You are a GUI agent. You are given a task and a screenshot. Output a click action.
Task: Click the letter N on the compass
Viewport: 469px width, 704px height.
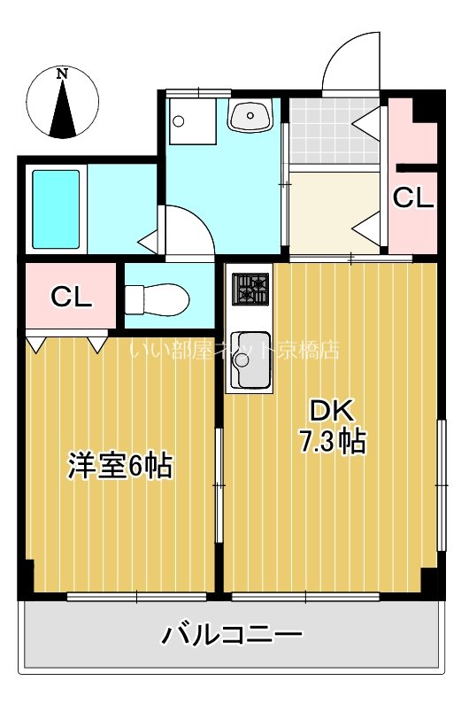(x=62, y=74)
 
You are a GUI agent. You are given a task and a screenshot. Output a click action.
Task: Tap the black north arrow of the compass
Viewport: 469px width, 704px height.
(x=62, y=111)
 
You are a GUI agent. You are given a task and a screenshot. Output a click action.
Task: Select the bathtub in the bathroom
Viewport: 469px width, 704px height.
(x=57, y=209)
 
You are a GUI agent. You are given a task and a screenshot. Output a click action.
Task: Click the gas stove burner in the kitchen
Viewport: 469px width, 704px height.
(x=249, y=290)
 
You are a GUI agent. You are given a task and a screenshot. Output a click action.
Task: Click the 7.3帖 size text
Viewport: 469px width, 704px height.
(x=331, y=440)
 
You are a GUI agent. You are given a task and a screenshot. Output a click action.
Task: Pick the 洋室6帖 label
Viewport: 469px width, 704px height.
(x=119, y=465)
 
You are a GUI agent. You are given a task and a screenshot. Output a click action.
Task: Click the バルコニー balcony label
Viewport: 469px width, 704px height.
(x=232, y=634)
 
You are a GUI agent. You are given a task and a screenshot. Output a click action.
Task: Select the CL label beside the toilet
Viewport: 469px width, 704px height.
(x=71, y=297)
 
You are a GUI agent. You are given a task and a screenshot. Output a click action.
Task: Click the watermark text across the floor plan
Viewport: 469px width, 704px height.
(x=234, y=350)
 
